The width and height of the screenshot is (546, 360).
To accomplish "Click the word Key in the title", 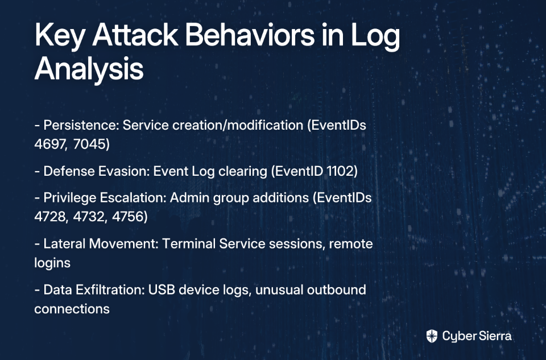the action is [x=59, y=36].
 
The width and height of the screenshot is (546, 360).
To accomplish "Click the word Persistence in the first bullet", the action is [x=81, y=125].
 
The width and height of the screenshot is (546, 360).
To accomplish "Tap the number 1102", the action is [x=342, y=171].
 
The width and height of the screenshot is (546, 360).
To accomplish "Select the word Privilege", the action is [x=70, y=198].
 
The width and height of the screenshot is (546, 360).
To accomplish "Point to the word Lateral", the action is [x=64, y=244].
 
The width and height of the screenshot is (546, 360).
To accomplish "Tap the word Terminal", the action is [x=189, y=244].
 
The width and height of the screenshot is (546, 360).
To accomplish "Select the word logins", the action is [x=52, y=263].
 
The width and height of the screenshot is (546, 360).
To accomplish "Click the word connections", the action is [x=72, y=309].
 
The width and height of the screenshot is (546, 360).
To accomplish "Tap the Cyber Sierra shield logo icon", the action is [x=432, y=336].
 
